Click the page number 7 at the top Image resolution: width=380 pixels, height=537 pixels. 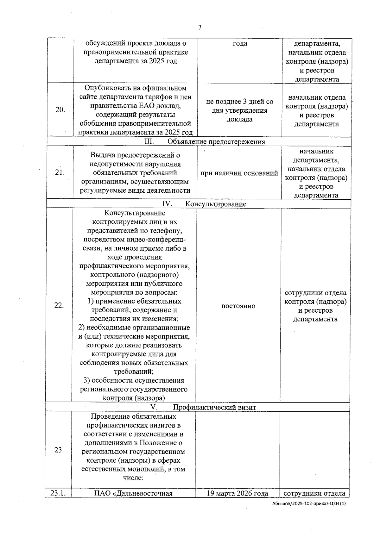(x=200, y=28)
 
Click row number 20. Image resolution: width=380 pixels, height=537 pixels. (x=60, y=110)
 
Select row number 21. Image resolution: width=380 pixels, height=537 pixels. (x=60, y=172)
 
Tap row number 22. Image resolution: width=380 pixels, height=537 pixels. (x=59, y=305)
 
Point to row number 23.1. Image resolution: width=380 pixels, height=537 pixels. (x=58, y=493)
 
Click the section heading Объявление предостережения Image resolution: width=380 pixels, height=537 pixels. (x=216, y=141)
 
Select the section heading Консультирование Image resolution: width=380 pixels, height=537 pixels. (x=216, y=204)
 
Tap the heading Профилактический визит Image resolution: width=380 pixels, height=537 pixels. (x=214, y=407)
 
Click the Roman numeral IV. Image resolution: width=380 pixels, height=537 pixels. (x=167, y=203)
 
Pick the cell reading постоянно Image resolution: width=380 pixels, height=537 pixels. (x=238, y=306)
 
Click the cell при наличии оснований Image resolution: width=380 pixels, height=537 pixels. (x=239, y=173)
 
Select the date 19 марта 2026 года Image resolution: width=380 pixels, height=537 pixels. (x=237, y=493)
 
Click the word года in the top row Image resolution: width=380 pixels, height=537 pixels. (x=240, y=43)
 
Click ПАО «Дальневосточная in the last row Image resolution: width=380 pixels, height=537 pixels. (x=133, y=493)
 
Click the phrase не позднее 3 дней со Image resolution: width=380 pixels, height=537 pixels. (x=239, y=102)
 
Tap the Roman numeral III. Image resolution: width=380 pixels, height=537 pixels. (x=149, y=141)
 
